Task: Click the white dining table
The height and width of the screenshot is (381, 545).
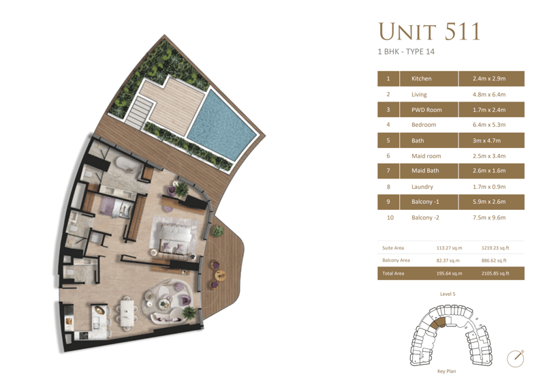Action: (x=127, y=313)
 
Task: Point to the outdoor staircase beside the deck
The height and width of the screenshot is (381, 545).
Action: (x=140, y=110)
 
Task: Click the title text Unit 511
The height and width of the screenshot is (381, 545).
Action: (x=430, y=31)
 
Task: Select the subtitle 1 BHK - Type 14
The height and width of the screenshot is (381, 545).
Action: (x=406, y=52)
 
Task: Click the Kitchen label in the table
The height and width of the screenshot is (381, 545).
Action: (x=421, y=78)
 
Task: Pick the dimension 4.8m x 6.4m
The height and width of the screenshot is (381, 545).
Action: (x=489, y=95)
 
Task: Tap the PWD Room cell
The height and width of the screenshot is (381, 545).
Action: (x=426, y=110)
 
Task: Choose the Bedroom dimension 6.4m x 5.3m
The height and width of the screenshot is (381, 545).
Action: (x=489, y=125)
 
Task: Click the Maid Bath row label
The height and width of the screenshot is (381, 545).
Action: (x=425, y=170)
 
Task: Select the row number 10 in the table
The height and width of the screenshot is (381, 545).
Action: (x=390, y=217)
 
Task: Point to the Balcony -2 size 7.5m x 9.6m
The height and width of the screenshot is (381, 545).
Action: (x=489, y=217)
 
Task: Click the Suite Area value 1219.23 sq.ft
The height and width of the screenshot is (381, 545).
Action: (x=495, y=248)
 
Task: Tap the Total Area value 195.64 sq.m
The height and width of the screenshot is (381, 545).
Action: (x=450, y=273)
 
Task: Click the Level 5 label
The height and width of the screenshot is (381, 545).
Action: (x=448, y=294)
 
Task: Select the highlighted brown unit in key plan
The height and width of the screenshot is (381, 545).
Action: (x=437, y=323)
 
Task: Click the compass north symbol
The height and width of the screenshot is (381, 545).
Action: (x=516, y=359)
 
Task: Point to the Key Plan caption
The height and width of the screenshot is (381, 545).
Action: (x=447, y=371)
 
